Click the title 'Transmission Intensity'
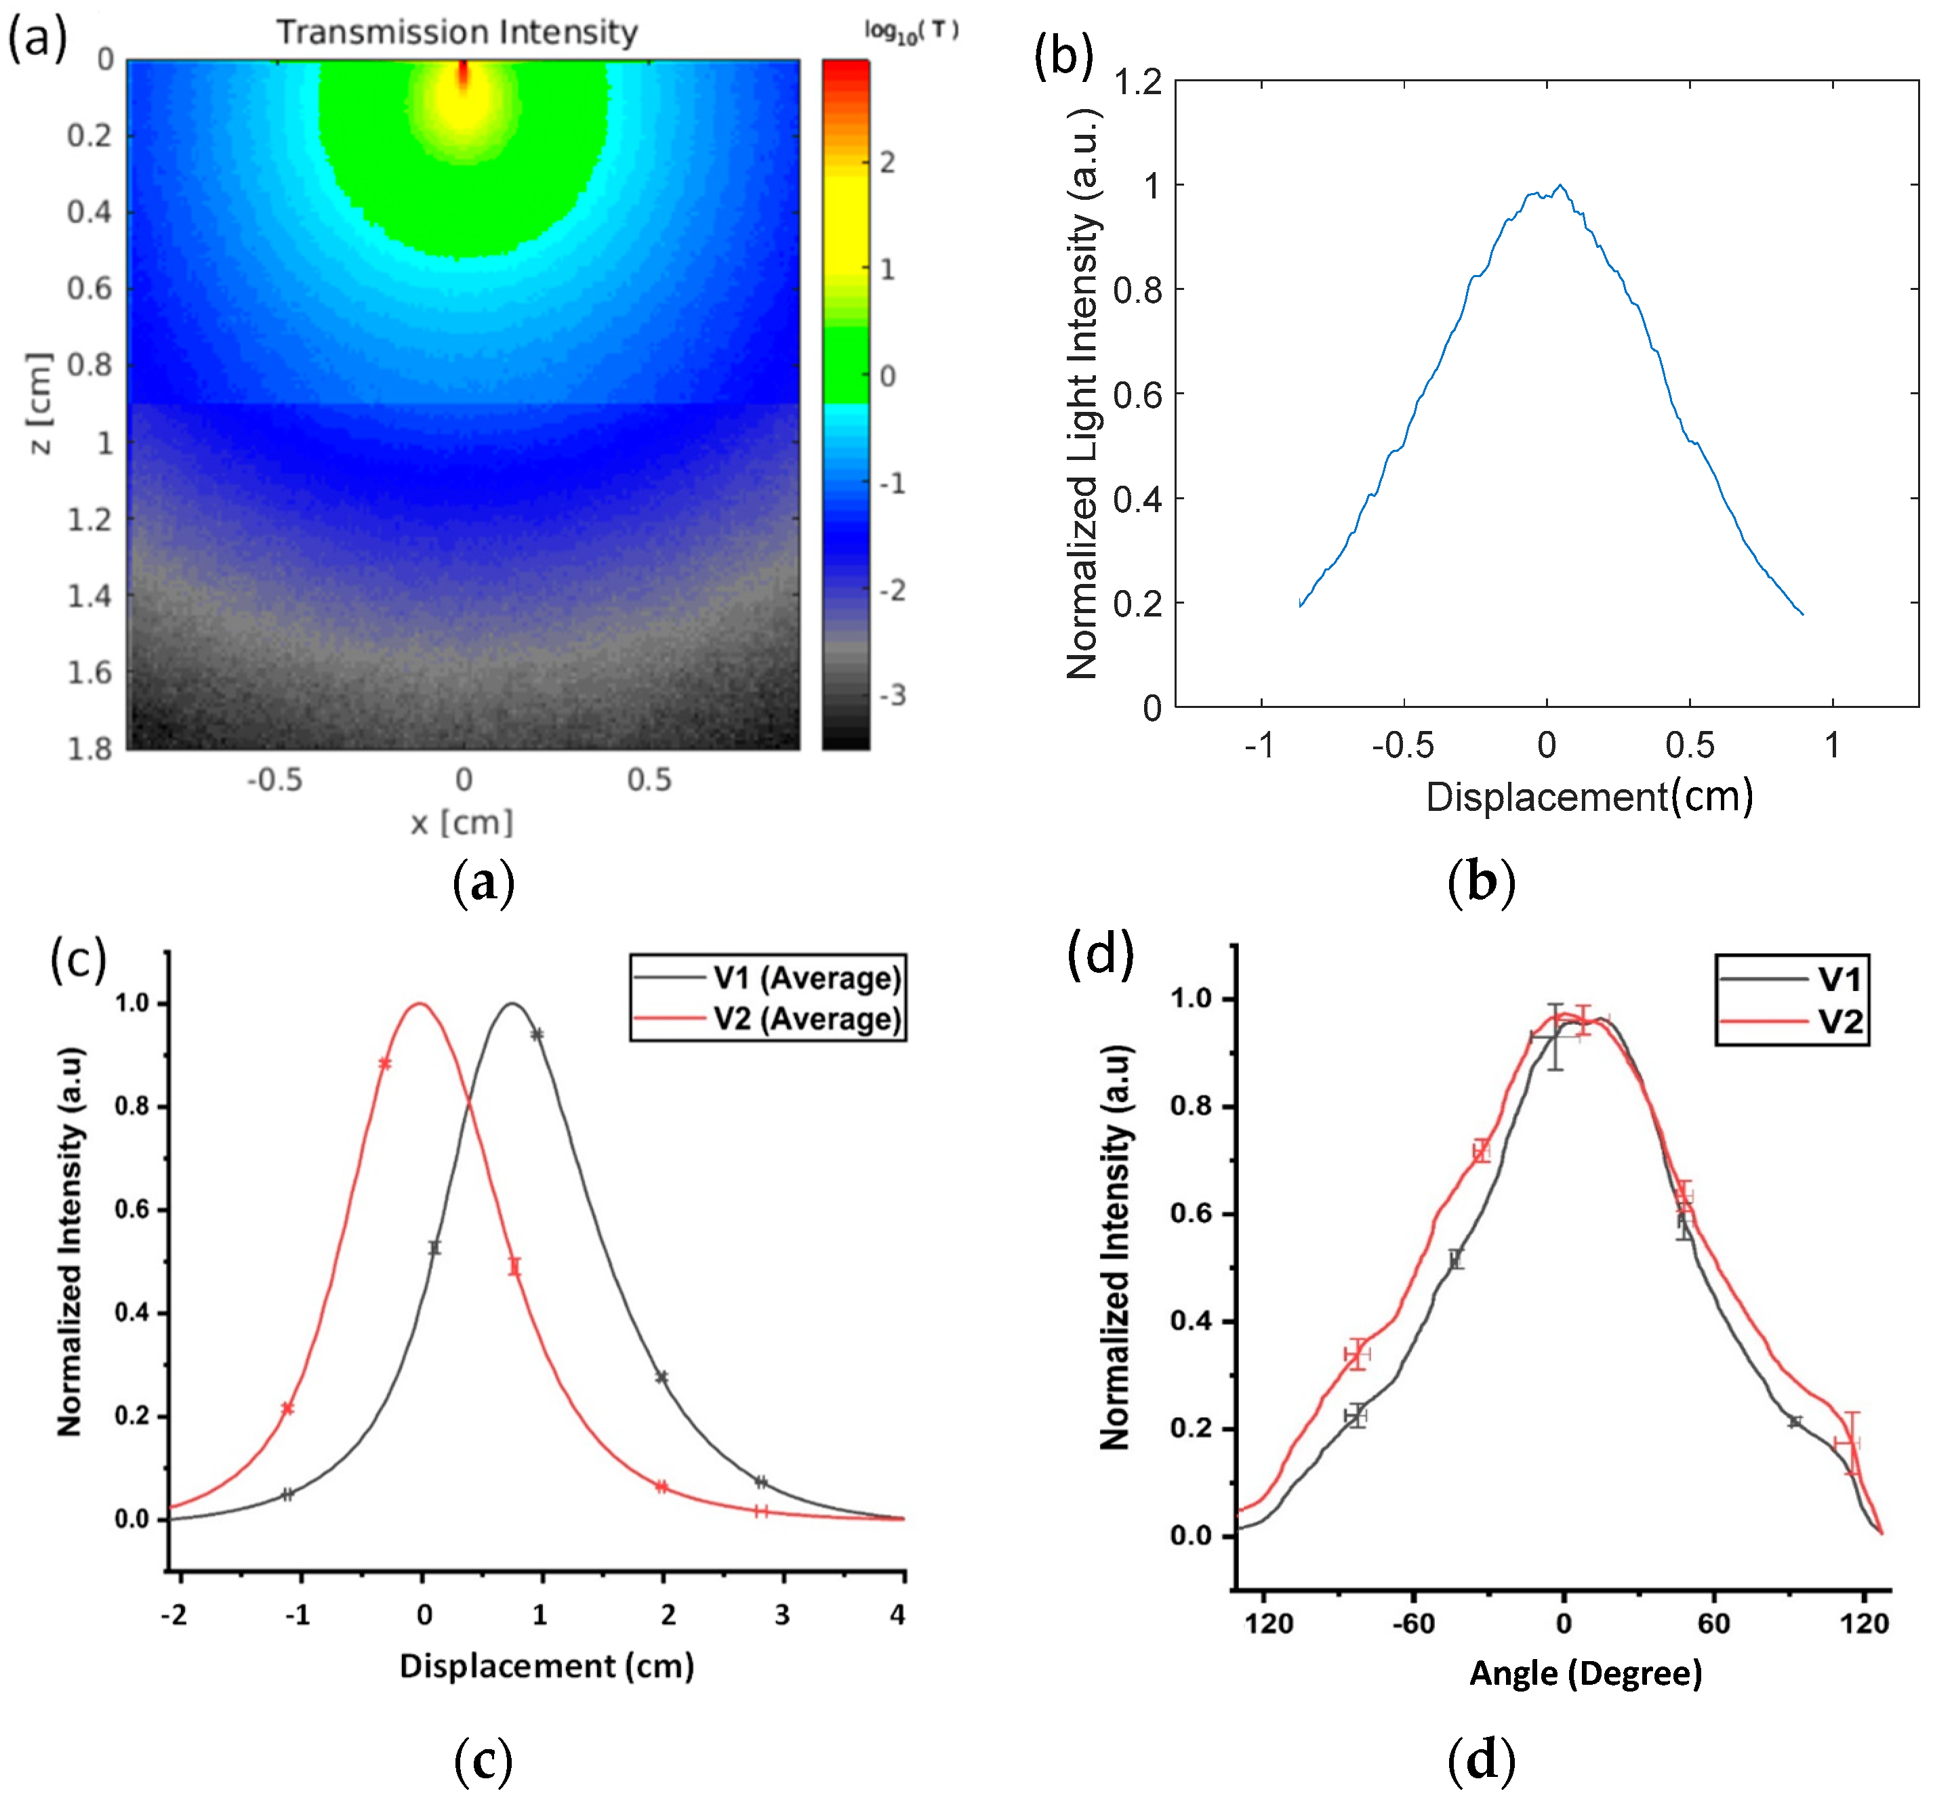point(457,32)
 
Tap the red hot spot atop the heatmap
point(463,74)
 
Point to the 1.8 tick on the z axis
point(89,749)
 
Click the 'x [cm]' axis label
point(462,822)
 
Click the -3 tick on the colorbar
point(892,695)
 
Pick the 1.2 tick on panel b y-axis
point(1137,83)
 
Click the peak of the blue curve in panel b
point(1560,186)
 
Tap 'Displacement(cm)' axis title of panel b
point(1589,797)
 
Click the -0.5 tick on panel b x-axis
point(1402,745)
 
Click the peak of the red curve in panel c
point(420,1004)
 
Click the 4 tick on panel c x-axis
point(897,1614)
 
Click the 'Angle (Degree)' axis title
point(1585,1673)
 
